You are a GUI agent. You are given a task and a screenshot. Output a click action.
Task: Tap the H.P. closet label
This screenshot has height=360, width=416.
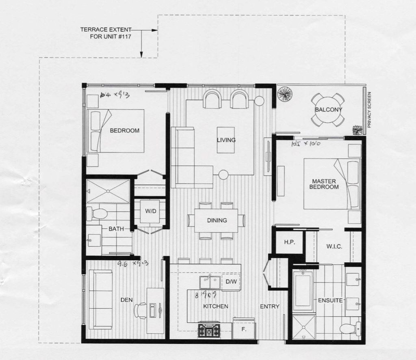click(289, 242)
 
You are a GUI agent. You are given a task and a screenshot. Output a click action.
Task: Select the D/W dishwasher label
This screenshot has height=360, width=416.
click(231, 281)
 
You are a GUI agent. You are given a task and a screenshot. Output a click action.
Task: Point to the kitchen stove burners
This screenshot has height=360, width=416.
click(209, 330)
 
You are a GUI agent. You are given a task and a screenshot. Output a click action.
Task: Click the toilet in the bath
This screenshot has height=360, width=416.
click(97, 213)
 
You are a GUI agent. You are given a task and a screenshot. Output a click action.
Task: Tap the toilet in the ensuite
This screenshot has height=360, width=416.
click(350, 327)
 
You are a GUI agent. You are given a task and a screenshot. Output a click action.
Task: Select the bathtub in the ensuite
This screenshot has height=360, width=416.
click(303, 290)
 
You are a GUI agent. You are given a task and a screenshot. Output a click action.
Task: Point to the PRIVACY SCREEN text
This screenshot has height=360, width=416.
click(369, 110)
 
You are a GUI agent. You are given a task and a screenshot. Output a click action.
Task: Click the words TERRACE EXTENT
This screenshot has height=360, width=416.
click(106, 30)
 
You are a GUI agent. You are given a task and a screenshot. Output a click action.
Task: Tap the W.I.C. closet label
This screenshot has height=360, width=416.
click(334, 247)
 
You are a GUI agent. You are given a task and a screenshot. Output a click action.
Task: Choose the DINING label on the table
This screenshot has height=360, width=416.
click(217, 220)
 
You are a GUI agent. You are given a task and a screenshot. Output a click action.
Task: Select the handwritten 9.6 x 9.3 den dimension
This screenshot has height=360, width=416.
click(132, 264)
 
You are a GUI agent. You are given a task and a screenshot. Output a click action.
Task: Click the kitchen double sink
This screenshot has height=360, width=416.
click(210, 282)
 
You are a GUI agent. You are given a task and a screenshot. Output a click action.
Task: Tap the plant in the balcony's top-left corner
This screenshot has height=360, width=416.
click(284, 94)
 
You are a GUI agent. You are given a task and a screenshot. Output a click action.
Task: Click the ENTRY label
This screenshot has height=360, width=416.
click(270, 306)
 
